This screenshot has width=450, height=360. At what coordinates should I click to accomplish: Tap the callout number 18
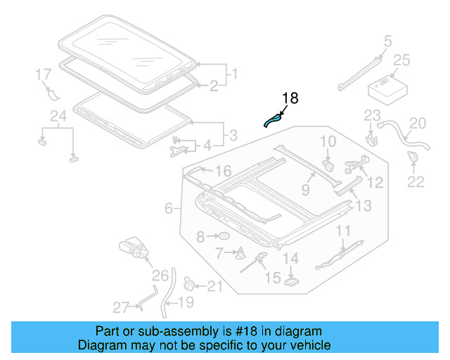[x=290, y=98]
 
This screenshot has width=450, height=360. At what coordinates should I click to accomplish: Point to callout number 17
[x=43, y=74]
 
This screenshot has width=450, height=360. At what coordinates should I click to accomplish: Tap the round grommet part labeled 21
[x=189, y=284]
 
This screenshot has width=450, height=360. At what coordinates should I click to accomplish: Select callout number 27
[x=120, y=307]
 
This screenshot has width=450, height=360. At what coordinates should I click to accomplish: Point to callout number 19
[x=186, y=303]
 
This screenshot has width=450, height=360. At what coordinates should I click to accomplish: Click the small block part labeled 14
[x=291, y=281]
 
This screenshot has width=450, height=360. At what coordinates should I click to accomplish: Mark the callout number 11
[x=343, y=231]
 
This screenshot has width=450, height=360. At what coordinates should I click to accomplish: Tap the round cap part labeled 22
[x=414, y=158]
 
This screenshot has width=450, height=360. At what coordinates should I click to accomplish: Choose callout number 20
[x=418, y=124]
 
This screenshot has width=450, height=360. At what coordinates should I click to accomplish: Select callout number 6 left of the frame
[x=169, y=208]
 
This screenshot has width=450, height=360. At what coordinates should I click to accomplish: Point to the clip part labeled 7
[x=241, y=252]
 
